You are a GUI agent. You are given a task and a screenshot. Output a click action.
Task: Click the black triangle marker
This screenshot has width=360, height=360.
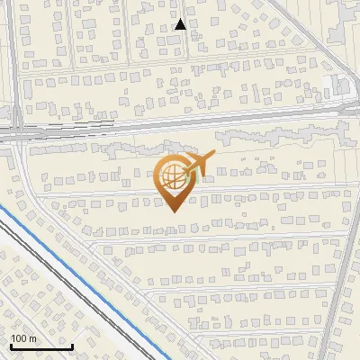pos(181,24)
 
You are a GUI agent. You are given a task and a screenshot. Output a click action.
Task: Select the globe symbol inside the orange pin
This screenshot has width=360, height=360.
pos(174,176)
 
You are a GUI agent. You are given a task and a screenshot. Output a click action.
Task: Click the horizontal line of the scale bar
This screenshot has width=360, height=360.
pos(41,346)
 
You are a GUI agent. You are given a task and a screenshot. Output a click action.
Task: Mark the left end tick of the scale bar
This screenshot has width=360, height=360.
pos(11,345)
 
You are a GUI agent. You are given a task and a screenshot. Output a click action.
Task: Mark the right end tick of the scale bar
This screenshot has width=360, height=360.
pos(72,345)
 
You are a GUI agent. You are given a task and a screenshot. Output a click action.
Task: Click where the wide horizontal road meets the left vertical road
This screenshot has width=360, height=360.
pos(16,133)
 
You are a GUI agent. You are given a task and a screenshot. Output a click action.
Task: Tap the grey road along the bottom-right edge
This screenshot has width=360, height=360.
pos(337,297)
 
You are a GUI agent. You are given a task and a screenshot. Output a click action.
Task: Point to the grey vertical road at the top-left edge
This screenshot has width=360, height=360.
pos(13,54)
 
